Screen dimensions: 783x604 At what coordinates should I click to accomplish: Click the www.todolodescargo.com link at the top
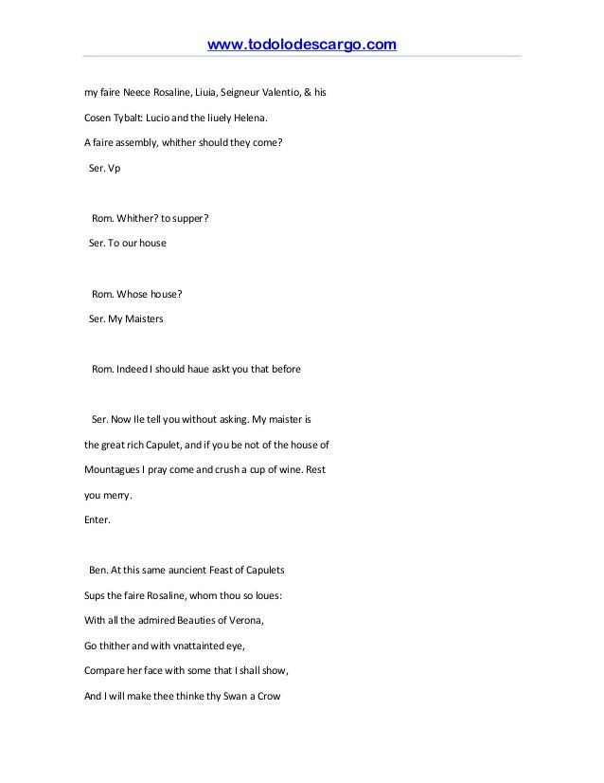[x=301, y=45]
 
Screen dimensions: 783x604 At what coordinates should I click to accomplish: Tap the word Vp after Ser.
[x=115, y=169]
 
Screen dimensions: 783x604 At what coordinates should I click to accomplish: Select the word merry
[x=119, y=494]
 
